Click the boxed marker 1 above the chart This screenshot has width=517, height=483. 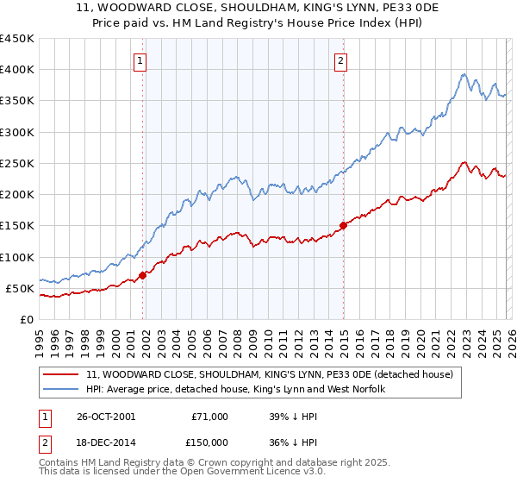coord(140,60)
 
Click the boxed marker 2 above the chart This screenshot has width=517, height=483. coord(341,60)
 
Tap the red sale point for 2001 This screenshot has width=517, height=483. coord(143,275)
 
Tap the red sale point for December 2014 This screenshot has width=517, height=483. coord(344,226)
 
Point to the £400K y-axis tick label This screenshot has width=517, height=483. coord(16,70)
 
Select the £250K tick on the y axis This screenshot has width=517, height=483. coord(16,163)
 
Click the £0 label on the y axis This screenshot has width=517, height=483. coord(26,319)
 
